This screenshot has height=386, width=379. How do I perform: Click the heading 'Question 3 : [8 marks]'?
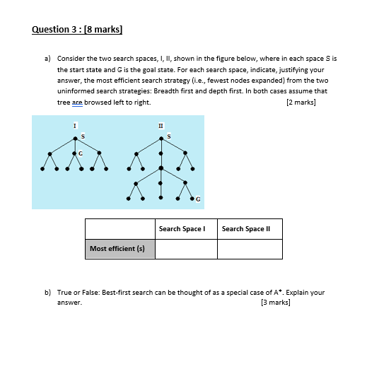pyautogui.click(x=77, y=30)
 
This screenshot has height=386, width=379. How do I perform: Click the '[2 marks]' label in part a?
pyautogui.click(x=301, y=103)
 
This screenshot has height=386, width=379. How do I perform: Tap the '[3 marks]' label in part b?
pyautogui.click(x=275, y=303)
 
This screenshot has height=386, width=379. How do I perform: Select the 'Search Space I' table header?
pyautogui.click(x=182, y=229)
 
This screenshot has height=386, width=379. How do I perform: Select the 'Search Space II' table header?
pyautogui.click(x=245, y=229)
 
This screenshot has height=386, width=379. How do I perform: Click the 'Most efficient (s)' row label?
pyautogui.click(x=117, y=248)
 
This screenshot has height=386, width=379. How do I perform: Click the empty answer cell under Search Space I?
pyautogui.click(x=186, y=249)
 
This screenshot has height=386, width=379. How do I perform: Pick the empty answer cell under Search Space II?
pyautogui.click(x=250, y=249)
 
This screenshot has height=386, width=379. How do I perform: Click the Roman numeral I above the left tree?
pyautogui.click(x=74, y=125)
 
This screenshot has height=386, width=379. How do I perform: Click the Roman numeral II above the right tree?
pyautogui.click(x=162, y=125)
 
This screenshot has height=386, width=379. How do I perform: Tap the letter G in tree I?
pyautogui.click(x=81, y=153)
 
